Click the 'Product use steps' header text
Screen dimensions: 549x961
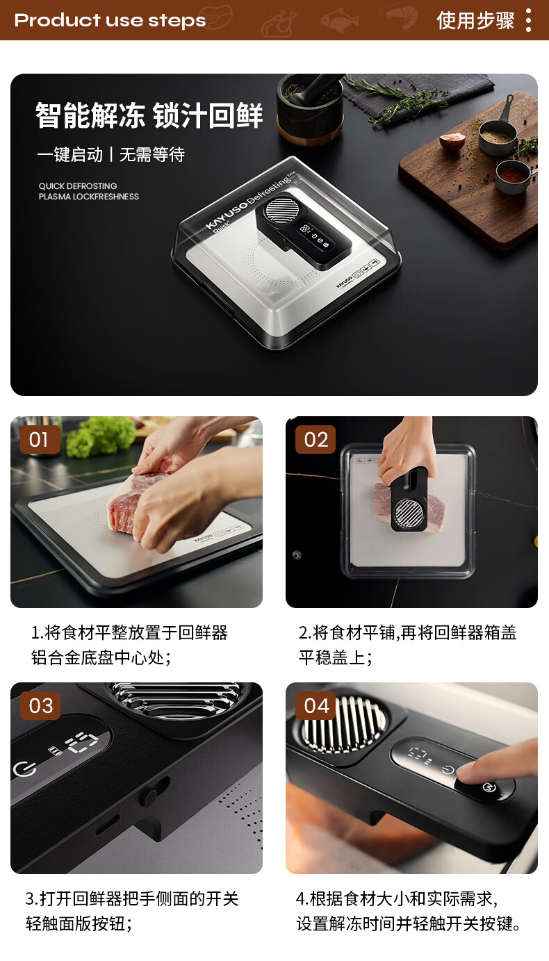(110, 20)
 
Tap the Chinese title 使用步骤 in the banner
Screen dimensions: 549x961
(475, 20)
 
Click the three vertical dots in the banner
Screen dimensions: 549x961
(528, 19)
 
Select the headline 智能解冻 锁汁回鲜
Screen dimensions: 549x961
(149, 115)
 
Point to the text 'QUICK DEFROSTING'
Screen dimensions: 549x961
(78, 186)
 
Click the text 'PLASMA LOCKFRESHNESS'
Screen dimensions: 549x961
(89, 197)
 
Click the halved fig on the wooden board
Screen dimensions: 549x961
(452, 141)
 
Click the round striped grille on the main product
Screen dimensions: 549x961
(281, 210)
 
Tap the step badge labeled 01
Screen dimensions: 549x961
(40, 440)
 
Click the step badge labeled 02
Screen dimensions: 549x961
(316, 440)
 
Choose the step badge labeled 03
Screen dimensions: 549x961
(40, 706)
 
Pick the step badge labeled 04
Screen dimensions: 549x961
(316, 706)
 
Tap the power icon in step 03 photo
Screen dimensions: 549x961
(24, 769)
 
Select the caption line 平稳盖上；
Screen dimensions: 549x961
(336, 657)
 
